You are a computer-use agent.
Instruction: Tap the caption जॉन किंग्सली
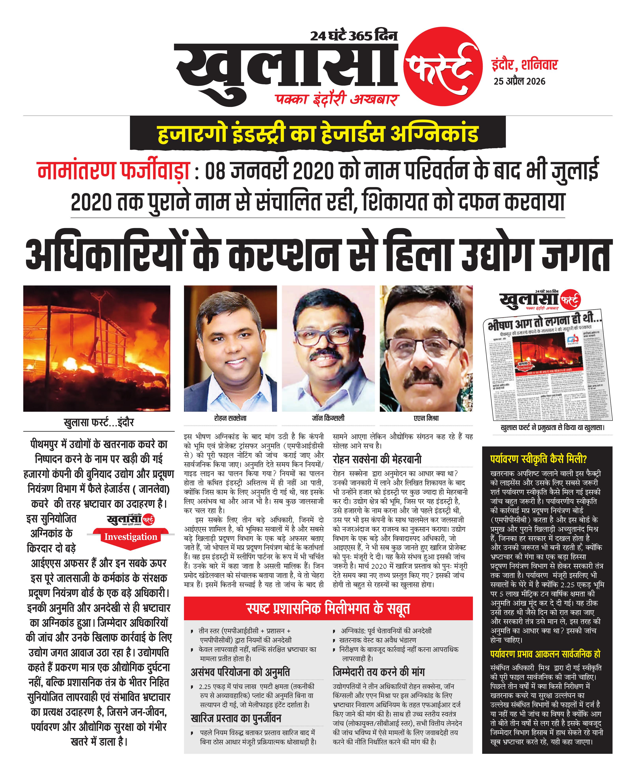click(328, 418)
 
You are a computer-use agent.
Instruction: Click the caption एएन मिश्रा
click(426, 418)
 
